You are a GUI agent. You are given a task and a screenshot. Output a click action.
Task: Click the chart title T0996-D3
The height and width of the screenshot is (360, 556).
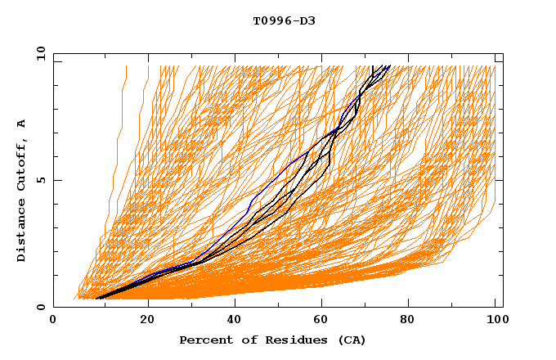pyautogui.click(x=284, y=20)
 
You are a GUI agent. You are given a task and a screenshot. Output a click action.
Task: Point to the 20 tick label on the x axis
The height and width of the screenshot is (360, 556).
pyautogui.click(x=148, y=322)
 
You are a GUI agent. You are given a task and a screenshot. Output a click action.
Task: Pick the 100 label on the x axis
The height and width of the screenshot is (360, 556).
pyautogui.click(x=495, y=322)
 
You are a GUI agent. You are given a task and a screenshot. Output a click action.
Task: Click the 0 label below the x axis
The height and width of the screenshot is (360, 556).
pyautogui.click(x=53, y=322)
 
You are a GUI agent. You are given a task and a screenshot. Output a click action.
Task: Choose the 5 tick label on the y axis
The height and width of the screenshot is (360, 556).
pyautogui.click(x=39, y=180)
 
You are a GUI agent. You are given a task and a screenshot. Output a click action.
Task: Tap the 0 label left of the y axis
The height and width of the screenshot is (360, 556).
pyautogui.click(x=39, y=308)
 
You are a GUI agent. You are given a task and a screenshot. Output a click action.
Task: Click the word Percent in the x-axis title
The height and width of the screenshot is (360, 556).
pyautogui.click(x=204, y=340)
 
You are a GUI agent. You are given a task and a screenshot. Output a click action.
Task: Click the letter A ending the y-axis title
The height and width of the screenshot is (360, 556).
pyautogui.click(x=22, y=124)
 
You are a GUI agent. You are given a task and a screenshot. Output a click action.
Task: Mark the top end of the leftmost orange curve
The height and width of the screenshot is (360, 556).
pyautogui.click(x=126, y=66)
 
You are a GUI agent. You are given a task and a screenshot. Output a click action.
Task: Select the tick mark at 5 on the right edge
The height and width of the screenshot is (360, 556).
pyautogui.click(x=500, y=180)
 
